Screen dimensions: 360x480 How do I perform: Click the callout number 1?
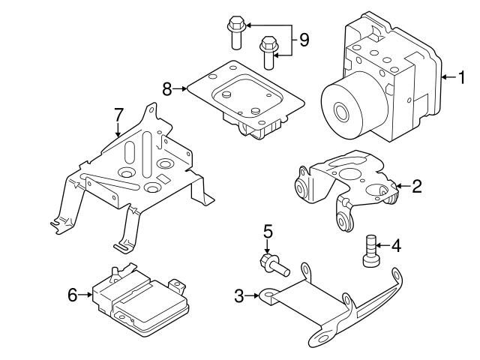pos(462,76)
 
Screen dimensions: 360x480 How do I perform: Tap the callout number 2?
pos(417,186)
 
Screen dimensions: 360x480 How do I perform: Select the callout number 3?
pos(239,296)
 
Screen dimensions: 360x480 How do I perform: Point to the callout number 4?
pos(396,244)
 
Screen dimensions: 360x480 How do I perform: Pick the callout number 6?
pos(73,295)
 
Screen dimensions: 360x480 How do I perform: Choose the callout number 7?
pos(118,115)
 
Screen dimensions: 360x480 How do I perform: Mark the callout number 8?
pos(167,88)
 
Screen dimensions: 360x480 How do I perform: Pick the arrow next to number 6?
pos(85,295)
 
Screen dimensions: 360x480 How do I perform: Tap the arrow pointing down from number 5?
pos(268,247)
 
